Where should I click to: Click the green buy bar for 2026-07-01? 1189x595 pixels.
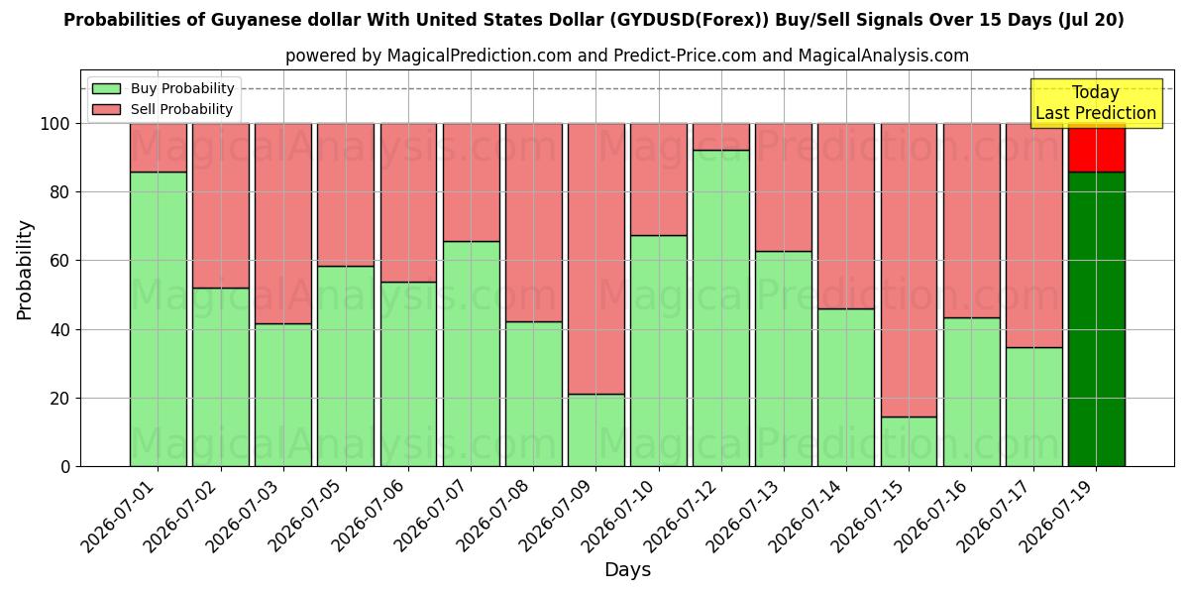pyautogui.click(x=159, y=319)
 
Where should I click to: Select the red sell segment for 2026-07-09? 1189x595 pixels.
pyautogui.click(x=596, y=259)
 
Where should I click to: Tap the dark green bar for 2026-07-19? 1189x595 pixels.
pyautogui.click(x=1096, y=319)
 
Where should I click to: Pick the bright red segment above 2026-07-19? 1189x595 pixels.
pyautogui.click(x=1096, y=148)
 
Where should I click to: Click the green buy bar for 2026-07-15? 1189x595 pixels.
pyautogui.click(x=909, y=441)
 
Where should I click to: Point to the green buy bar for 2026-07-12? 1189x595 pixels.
pyautogui.click(x=721, y=308)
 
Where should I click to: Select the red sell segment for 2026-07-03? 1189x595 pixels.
pyautogui.click(x=283, y=224)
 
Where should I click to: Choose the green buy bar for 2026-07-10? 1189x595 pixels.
pyautogui.click(x=659, y=351)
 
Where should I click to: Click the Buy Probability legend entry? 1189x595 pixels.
pyautogui.click(x=162, y=88)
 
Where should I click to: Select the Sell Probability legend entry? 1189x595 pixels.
pyautogui.click(x=162, y=109)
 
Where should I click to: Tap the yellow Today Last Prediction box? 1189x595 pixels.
pyautogui.click(x=1096, y=103)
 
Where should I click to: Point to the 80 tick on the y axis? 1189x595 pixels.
pyautogui.click(x=60, y=192)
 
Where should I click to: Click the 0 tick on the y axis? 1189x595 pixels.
pyautogui.click(x=65, y=467)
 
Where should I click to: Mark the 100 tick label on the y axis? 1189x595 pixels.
pyautogui.click(x=55, y=124)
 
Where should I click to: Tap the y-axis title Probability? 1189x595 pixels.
pyautogui.click(x=25, y=270)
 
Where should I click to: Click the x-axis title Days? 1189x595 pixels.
pyautogui.click(x=627, y=569)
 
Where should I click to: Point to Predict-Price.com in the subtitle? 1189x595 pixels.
pyautogui.click(x=686, y=56)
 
